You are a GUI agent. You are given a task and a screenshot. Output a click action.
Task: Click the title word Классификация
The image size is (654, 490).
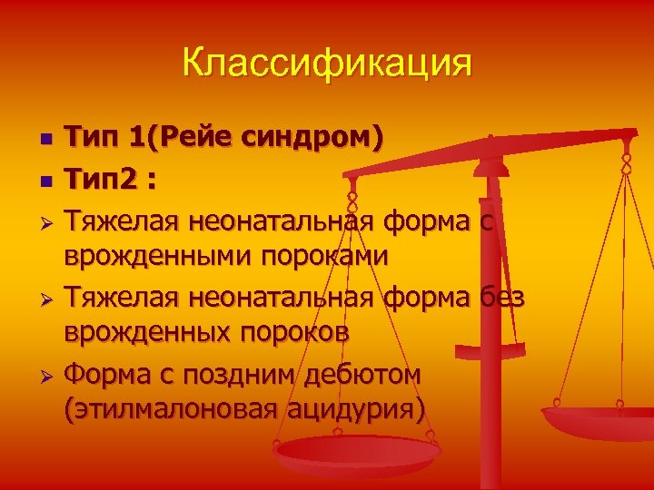(x=327, y=64)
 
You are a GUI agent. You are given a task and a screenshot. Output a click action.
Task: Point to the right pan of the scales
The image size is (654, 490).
(x=599, y=419)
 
